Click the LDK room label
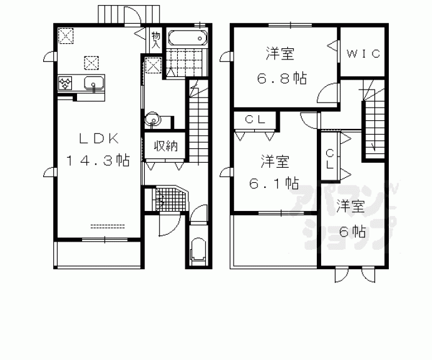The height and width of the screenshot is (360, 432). [98, 139]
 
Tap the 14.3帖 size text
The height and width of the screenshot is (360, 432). [98, 161]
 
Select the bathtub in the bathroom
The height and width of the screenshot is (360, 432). [188, 38]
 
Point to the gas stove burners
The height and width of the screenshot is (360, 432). [64, 83]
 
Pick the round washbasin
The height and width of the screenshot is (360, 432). [152, 120]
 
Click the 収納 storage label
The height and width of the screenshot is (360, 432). [166, 147]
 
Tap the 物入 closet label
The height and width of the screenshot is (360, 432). [156, 39]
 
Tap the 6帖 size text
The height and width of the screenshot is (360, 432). [352, 231]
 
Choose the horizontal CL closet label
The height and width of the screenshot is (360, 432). [254, 119]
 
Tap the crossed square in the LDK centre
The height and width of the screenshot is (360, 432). [92, 62]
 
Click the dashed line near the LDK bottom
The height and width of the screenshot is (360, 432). [108, 224]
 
